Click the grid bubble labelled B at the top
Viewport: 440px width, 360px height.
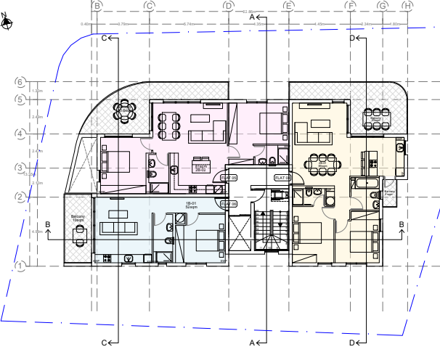97,6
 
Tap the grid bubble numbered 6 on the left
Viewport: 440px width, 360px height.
20,82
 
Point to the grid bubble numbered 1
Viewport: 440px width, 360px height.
20,266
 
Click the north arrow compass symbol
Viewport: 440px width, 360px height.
6,21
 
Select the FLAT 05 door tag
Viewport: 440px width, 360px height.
229,178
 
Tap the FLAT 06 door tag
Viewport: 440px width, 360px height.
229,204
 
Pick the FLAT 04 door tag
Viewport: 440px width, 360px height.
282,178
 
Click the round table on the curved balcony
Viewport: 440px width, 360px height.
125,111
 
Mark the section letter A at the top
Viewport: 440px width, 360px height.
253,16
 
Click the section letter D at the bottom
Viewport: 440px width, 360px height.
352,342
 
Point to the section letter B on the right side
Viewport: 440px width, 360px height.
401,224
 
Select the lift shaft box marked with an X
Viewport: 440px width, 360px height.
277,194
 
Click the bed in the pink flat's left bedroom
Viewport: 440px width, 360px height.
115,160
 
